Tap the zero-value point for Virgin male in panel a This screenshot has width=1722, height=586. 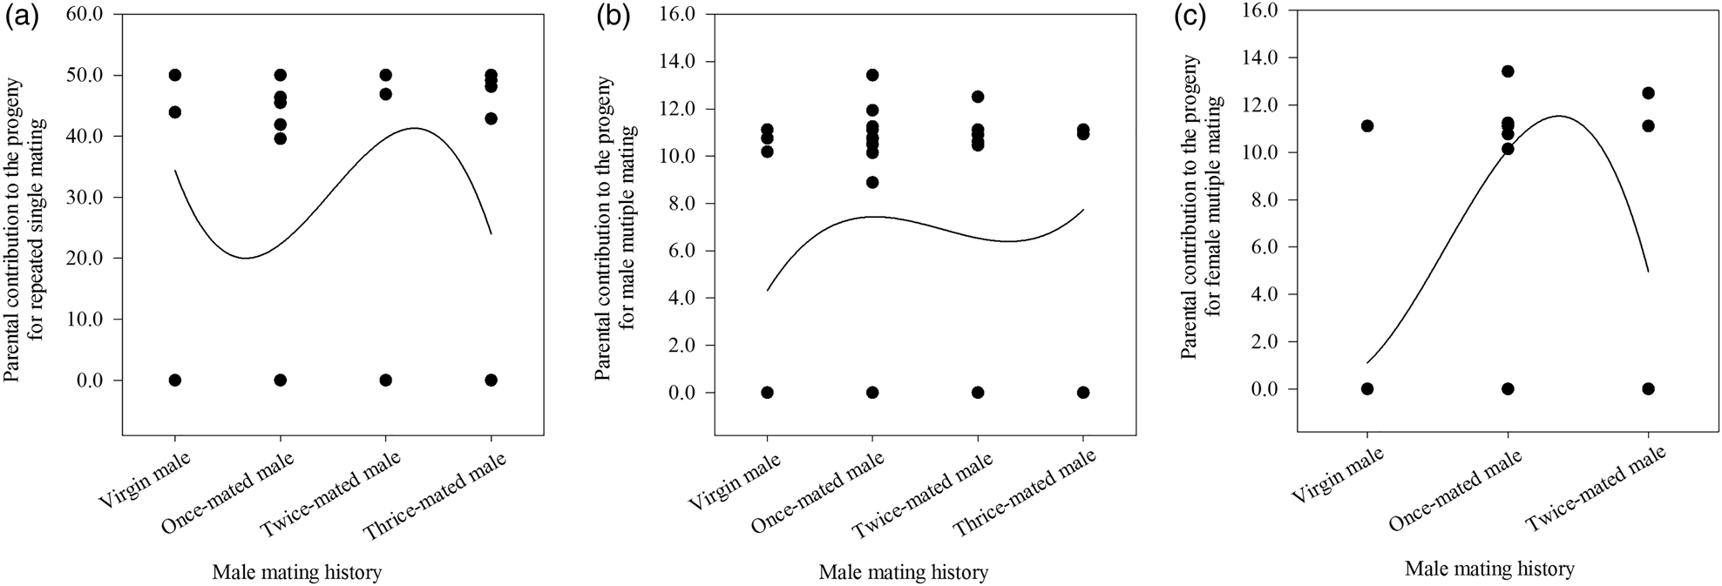(x=175, y=381)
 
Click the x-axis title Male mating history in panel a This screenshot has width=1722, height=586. (x=297, y=572)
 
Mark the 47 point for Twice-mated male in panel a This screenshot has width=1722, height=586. (x=386, y=94)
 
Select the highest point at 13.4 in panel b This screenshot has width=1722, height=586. (x=872, y=75)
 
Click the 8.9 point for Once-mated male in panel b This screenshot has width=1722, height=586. (x=872, y=182)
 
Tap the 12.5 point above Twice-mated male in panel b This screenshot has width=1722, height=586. (x=978, y=97)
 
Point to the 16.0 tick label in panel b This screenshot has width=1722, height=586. (x=677, y=14)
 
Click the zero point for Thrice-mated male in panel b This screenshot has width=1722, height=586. (x=1083, y=393)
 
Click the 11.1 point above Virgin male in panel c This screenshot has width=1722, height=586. (x=1367, y=126)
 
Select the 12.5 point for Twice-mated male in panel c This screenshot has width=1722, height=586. (x=1648, y=93)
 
